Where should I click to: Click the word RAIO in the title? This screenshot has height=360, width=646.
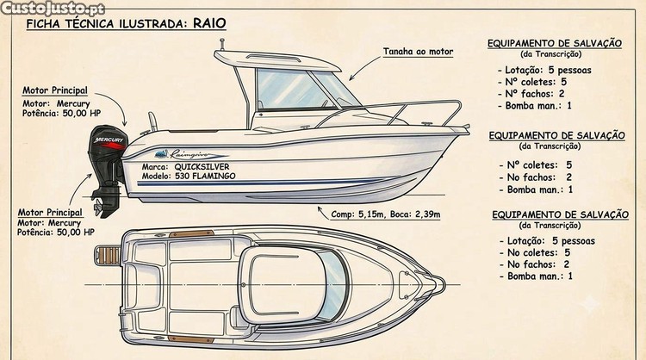(209, 22)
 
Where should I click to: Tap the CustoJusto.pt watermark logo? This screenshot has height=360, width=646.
(53, 9)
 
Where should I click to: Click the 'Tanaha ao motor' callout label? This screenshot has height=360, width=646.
(418, 52)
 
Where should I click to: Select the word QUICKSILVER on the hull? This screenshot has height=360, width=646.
(202, 167)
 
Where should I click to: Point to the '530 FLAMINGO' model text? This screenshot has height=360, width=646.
(205, 176)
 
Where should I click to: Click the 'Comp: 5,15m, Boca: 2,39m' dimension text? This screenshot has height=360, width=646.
(386, 214)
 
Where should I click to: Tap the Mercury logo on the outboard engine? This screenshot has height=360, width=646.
(109, 140)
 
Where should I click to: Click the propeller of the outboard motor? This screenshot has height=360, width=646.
(98, 208)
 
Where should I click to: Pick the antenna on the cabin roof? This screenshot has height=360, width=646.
(222, 45)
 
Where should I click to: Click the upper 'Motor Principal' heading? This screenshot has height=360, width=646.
(55, 90)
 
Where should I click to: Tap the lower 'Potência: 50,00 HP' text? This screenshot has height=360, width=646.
(56, 233)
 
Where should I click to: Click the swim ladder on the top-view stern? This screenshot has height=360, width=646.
(108, 256)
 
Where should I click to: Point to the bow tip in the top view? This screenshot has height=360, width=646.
(444, 284)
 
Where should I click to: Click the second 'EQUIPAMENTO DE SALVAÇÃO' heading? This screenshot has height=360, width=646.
(557, 135)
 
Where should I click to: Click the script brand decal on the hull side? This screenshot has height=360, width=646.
(191, 154)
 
